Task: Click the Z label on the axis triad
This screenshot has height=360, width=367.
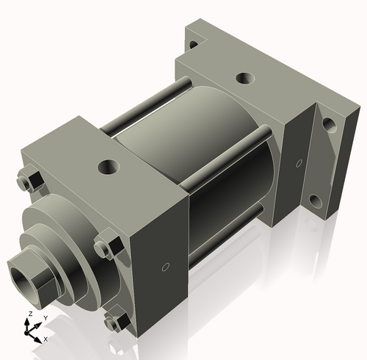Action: point(29,314)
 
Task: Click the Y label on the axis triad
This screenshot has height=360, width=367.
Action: point(45,317)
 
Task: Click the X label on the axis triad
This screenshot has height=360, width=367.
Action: point(46,339)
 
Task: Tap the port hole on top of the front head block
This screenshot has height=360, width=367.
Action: point(110,167)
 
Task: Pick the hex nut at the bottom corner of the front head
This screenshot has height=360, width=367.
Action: point(114,323)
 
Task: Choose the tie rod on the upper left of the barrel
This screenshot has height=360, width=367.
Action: point(147,107)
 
